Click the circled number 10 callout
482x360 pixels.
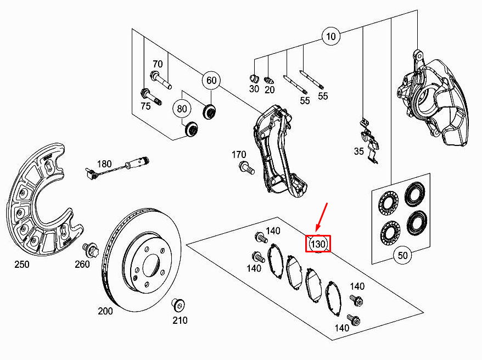tap(331, 37)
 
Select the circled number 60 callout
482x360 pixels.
tap(211, 81)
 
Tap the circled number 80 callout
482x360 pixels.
tap(182, 109)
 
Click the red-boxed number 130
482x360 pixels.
tap(318, 244)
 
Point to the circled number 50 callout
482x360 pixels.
tap(403, 255)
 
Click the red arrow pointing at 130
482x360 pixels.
tap(322, 217)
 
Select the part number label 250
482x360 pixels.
tap(22, 265)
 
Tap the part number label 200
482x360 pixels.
tap(105, 311)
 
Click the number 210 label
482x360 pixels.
tap(180, 320)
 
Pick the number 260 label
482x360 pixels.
tap(82, 265)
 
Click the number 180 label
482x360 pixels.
tap(104, 164)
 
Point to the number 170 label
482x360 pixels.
tap(239, 155)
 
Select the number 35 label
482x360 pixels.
tap(358, 151)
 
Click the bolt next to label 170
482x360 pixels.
tap(246, 168)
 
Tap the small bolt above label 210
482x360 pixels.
tap(178, 305)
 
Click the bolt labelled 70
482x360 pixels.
tap(160, 80)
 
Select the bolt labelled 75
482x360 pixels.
tap(150, 97)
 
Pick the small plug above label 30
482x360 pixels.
tap(254, 78)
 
